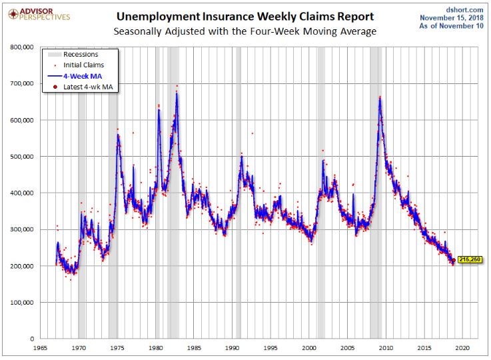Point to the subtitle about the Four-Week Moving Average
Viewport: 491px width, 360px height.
click(x=245, y=31)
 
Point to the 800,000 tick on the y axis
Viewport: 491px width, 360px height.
click(x=22, y=47)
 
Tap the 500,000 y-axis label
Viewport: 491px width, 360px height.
click(x=22, y=157)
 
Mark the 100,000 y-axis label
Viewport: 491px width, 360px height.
click(x=22, y=303)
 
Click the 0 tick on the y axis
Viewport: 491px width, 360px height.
click(x=32, y=339)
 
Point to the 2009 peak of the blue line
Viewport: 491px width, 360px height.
click(x=380, y=98)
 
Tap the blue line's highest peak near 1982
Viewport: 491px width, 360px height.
click(x=177, y=93)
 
